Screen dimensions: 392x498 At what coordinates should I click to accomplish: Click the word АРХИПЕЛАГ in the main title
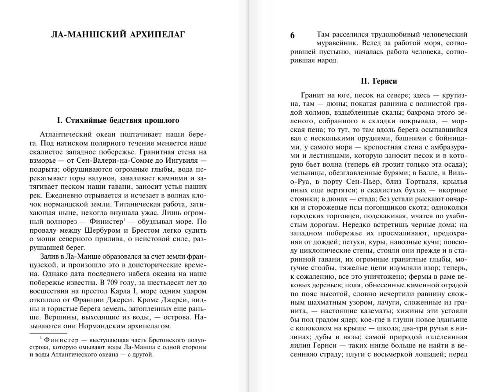(x=151, y=34)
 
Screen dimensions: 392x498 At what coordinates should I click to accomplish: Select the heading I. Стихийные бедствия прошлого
(x=118, y=120)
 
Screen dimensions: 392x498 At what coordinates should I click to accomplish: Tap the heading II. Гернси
(x=378, y=81)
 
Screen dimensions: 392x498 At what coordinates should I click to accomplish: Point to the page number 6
(x=293, y=36)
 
